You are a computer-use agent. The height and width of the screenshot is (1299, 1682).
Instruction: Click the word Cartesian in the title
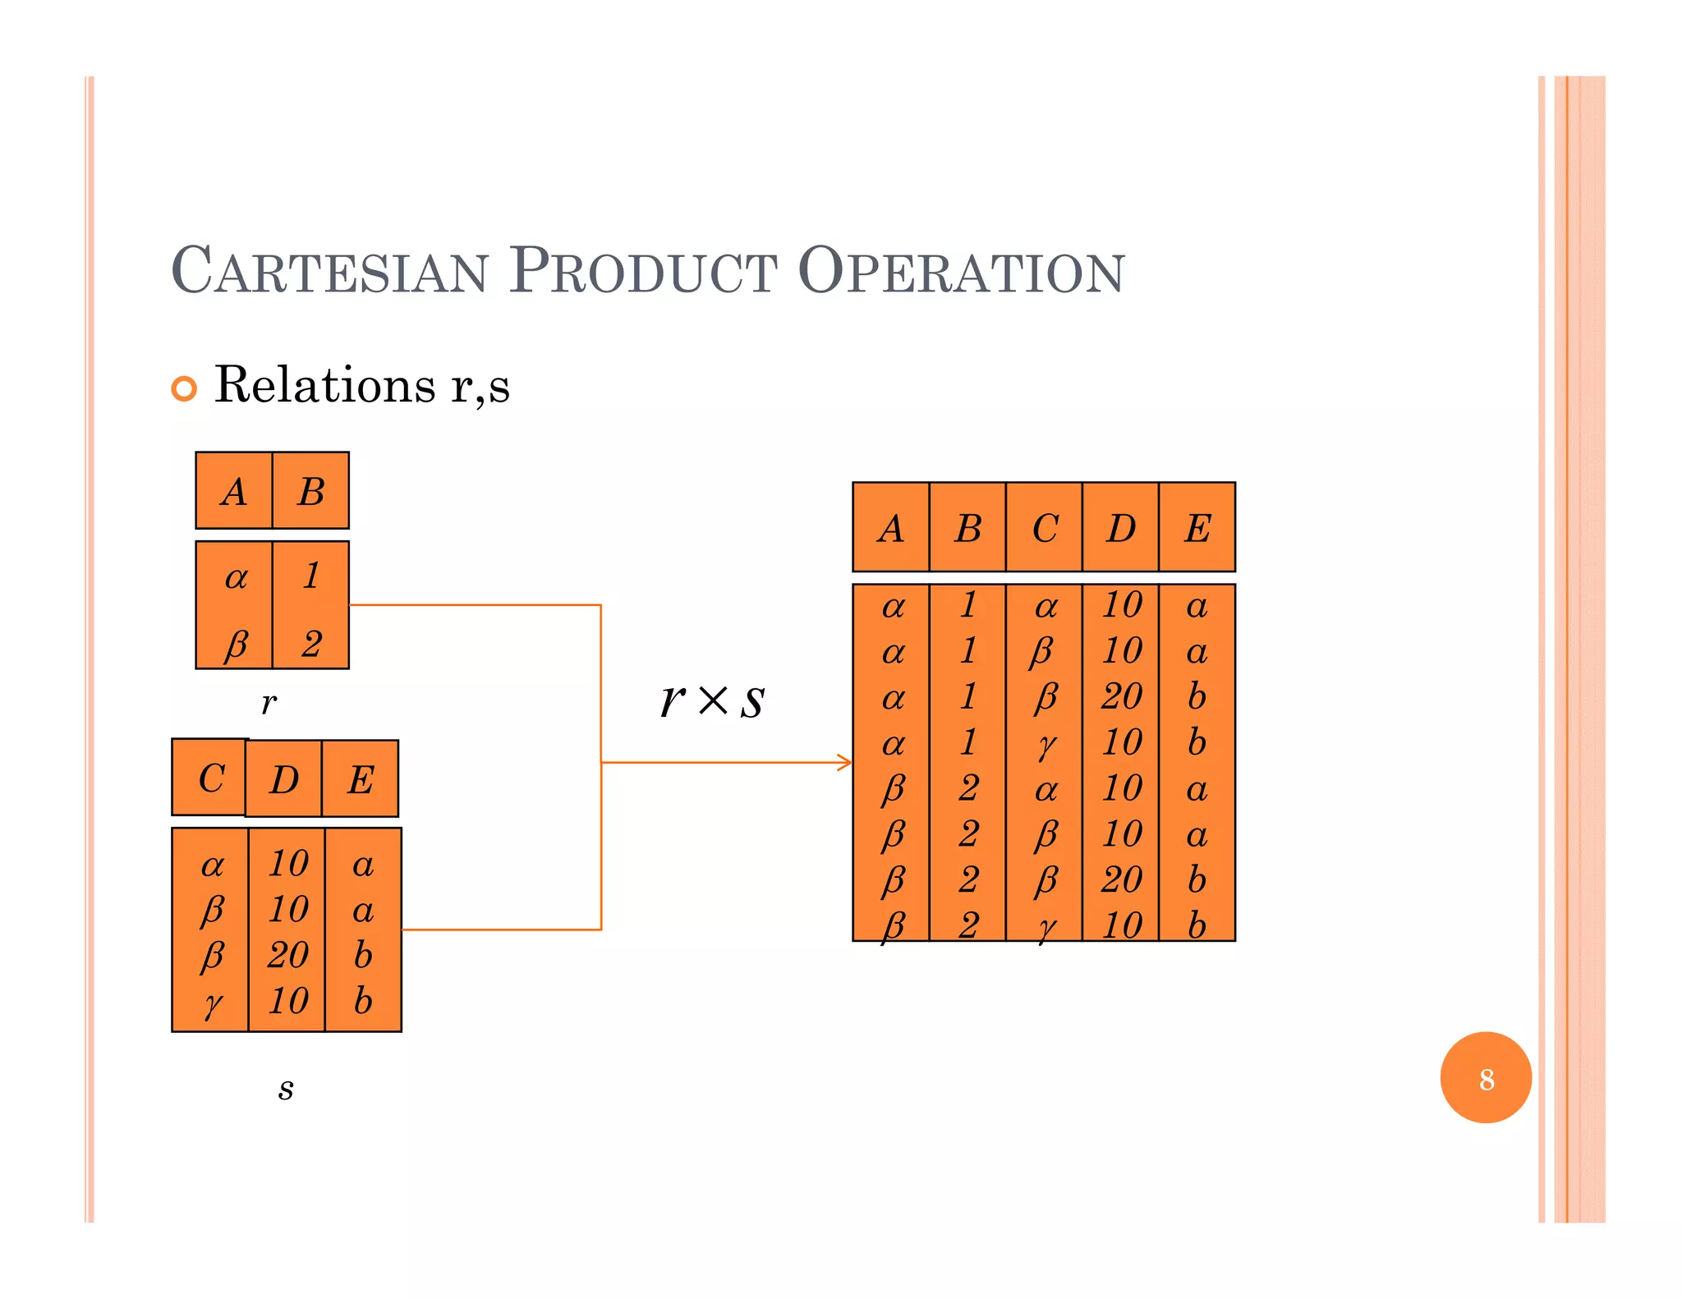coord(329,271)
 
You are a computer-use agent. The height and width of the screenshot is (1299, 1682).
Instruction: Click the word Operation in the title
coord(960,271)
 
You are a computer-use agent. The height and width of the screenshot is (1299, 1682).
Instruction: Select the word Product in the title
coord(642,271)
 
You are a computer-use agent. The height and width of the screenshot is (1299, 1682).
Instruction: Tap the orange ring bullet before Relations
coord(184,388)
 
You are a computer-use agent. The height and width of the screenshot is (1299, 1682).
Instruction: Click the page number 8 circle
coord(1485,1077)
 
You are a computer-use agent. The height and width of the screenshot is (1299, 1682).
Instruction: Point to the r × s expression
coord(712,700)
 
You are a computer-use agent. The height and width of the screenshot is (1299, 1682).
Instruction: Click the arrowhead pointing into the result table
coord(846,762)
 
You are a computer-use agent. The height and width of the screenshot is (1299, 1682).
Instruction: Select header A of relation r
coord(234,492)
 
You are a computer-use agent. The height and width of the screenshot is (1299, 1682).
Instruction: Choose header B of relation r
coord(310,492)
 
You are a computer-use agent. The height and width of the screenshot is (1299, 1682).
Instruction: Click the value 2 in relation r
coord(310,644)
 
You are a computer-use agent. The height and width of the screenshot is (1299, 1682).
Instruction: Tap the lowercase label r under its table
coord(269,703)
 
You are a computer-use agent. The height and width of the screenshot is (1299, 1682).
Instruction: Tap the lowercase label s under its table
coord(285,1089)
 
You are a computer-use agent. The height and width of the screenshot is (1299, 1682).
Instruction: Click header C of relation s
coord(211,778)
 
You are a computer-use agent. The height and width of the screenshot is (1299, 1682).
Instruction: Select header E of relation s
coord(361,780)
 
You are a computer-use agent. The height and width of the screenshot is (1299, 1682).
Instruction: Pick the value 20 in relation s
coord(287,955)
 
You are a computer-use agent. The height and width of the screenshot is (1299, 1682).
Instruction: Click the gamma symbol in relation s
coord(213,1003)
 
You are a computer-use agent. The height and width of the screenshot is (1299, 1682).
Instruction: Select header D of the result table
coord(1120,528)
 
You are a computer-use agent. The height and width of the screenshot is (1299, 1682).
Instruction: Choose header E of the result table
coord(1197,528)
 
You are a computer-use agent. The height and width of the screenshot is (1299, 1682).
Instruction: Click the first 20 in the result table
coord(1121,696)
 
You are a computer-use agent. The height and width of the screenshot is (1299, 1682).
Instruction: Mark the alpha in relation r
coord(236,578)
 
